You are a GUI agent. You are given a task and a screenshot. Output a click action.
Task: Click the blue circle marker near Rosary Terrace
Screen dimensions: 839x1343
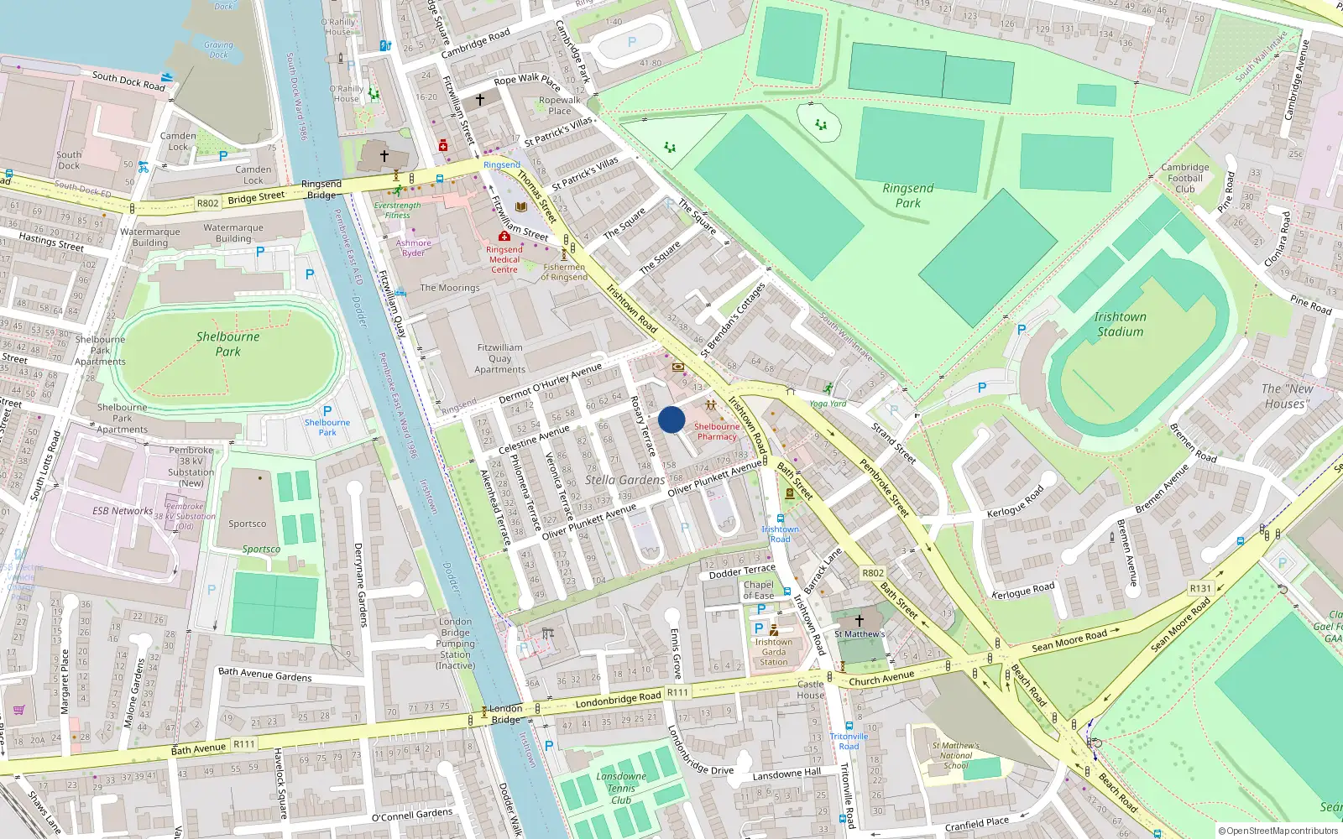(671, 419)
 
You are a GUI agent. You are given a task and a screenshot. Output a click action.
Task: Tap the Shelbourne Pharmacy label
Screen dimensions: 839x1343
(717, 431)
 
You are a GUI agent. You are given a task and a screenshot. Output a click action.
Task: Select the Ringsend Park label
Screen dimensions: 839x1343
(907, 195)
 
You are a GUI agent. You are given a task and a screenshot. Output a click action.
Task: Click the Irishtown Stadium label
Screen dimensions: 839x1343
(1120, 324)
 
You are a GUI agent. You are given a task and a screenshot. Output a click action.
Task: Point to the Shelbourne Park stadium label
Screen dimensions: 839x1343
(227, 344)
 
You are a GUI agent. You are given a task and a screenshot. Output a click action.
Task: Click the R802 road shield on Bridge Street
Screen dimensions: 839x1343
(207, 203)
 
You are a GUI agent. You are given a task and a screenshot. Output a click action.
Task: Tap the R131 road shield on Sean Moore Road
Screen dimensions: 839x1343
(1200, 588)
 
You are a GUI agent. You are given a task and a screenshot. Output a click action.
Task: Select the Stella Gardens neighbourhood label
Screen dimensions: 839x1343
(624, 480)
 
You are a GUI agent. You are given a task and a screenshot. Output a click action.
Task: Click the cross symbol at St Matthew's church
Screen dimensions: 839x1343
(859, 621)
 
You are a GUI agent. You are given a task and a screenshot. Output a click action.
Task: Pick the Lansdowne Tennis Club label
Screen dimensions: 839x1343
(621, 788)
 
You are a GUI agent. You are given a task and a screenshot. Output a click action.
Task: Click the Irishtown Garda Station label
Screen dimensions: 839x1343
(773, 652)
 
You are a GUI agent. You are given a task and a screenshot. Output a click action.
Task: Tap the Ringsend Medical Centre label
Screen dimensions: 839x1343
(504, 259)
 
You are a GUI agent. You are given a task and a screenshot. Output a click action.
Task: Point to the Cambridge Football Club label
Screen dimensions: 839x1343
(1185, 178)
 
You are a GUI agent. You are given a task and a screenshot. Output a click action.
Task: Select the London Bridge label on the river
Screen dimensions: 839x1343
(505, 714)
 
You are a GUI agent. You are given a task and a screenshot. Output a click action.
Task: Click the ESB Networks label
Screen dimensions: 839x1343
(123, 510)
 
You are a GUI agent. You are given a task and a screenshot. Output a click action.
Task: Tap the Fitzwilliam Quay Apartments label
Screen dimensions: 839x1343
(499, 358)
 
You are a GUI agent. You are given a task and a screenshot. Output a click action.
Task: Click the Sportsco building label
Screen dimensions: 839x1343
(247, 524)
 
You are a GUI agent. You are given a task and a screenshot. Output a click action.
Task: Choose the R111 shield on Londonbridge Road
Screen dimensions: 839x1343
(677, 692)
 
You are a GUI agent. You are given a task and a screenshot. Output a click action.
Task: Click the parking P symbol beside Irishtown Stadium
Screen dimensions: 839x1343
(1022, 330)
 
